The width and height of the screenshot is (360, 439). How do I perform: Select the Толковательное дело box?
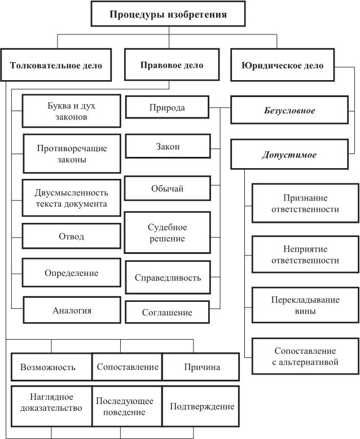[56, 65]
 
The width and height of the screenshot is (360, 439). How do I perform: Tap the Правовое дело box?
[172, 65]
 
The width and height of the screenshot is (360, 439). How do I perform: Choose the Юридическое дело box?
[282, 65]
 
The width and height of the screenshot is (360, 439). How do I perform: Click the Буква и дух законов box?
[72, 111]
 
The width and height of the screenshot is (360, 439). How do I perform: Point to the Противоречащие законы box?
[72, 153]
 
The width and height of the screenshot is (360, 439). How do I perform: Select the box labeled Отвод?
[72, 236]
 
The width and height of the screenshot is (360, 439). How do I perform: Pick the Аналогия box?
[72, 310]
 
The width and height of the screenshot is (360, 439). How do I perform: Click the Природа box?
[167, 107]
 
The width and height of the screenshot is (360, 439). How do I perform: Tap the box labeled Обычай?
[167, 188]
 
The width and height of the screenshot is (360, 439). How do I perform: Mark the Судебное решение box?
[167, 233]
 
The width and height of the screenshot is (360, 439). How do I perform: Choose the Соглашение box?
[167, 312]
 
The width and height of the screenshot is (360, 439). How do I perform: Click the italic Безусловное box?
[289, 111]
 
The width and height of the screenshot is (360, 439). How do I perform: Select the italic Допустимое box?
[289, 155]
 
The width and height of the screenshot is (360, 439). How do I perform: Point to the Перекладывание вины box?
[305, 305]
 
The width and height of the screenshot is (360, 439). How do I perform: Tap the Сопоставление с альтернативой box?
[305, 357]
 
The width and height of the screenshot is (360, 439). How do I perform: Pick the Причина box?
[201, 367]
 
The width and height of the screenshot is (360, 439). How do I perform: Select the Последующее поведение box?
[126, 406]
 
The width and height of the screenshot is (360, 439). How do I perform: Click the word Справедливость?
[168, 278]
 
